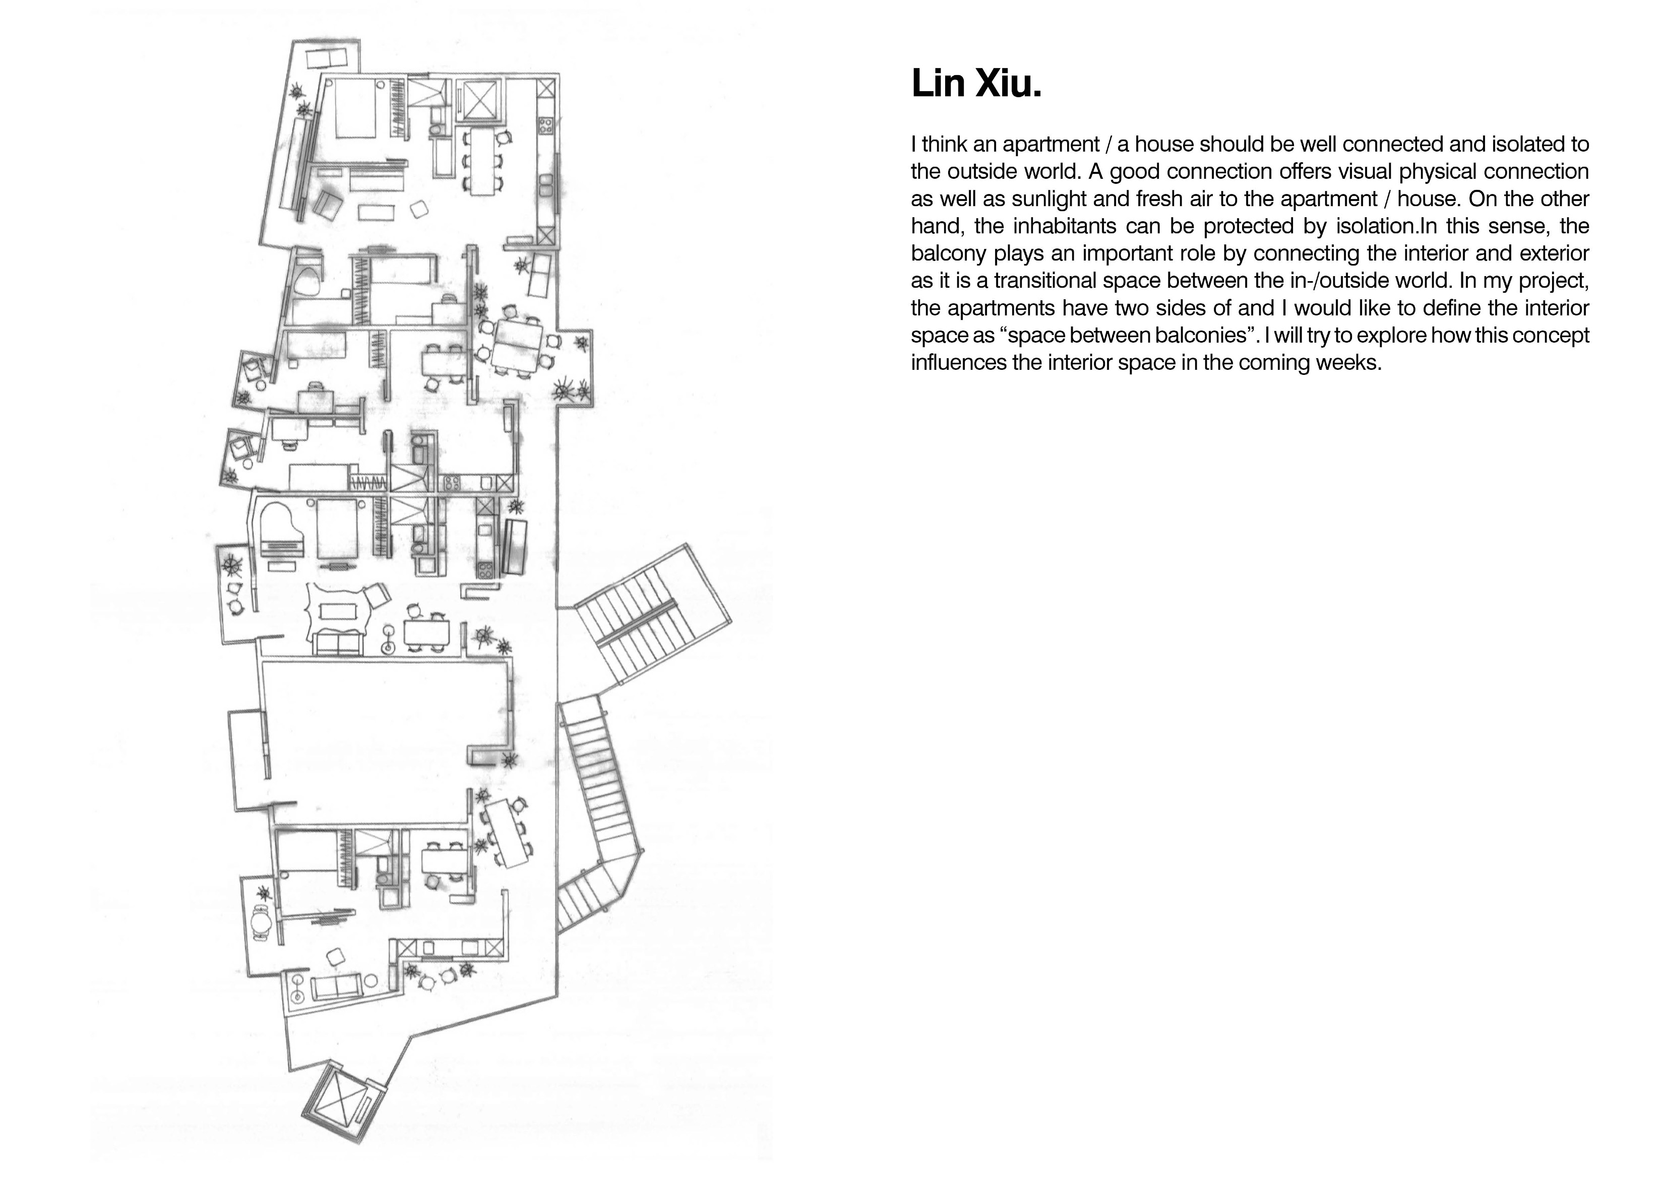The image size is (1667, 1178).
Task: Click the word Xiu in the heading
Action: (1008, 84)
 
